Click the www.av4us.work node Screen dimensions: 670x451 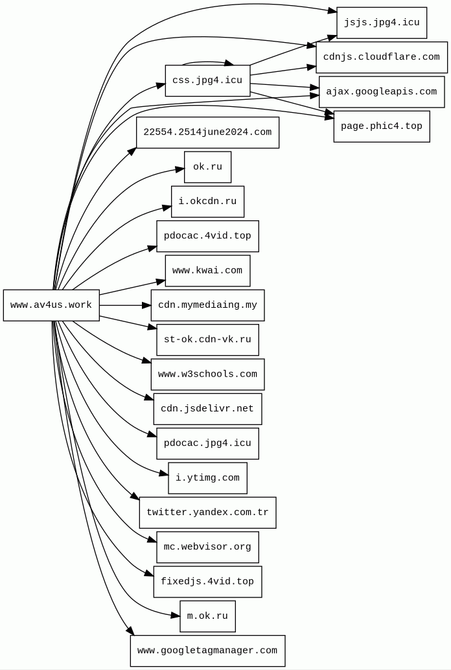pos(51,305)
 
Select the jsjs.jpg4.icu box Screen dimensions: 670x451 pos(382,23)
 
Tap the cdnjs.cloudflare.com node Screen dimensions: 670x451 pos(382,57)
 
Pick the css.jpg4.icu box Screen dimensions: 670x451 pos(207,80)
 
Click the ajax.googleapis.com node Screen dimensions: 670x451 pos(382,92)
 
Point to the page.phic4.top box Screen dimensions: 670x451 pos(382,126)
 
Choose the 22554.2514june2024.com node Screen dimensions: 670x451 pos(207,132)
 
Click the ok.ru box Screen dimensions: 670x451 pos(207,167)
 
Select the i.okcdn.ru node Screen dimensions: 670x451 pos(207,202)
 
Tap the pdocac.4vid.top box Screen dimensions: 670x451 pos(207,236)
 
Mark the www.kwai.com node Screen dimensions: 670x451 pos(207,271)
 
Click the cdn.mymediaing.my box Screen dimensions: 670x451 pos(207,305)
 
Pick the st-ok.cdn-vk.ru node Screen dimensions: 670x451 pos(207,340)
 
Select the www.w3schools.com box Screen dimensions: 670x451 pos(207,375)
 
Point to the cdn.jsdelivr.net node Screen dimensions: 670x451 pos(207,409)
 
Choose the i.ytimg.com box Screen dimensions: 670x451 pos(207,478)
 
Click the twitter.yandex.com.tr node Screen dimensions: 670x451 pos(207,513)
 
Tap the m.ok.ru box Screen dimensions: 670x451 pos(207,616)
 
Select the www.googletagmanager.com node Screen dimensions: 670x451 pos(207,651)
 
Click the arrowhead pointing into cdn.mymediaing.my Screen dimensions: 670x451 pos(147,305)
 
